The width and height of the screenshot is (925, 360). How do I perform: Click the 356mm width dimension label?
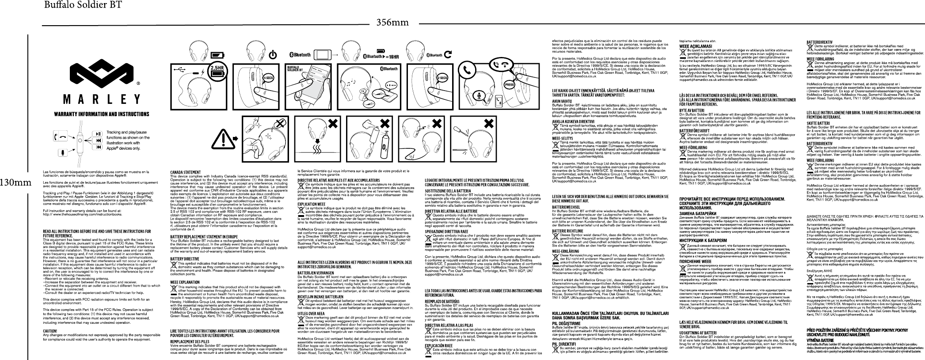point(391,22)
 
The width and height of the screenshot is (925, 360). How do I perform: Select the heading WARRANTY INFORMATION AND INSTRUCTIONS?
point(101,114)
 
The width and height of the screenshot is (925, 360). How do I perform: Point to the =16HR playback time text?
point(391,57)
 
